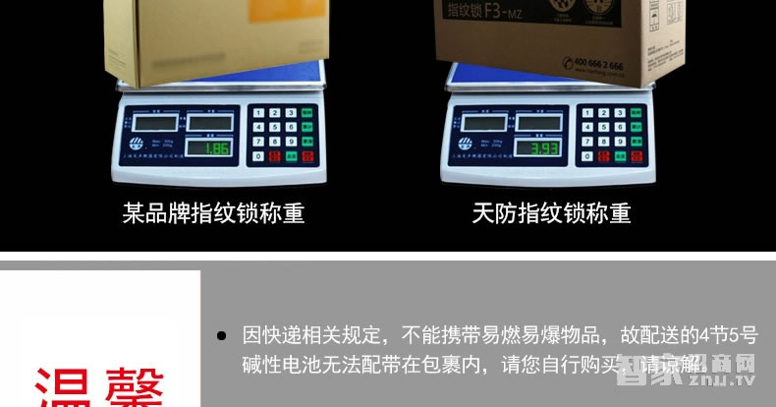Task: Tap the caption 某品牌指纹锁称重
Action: [x=213, y=212]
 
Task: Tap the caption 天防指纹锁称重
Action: [x=551, y=212]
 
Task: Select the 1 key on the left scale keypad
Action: [x=258, y=113]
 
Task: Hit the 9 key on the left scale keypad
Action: [x=291, y=142]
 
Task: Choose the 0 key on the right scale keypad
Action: [x=585, y=156]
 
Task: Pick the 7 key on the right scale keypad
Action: [x=585, y=143]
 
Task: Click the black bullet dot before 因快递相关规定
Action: [x=221, y=335]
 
